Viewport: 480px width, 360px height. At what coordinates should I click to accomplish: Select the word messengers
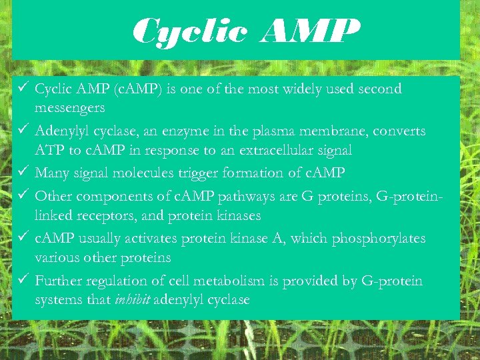pyautogui.click(x=69, y=108)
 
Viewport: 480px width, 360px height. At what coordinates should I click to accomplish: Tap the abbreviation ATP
pyautogui.click(x=49, y=151)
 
